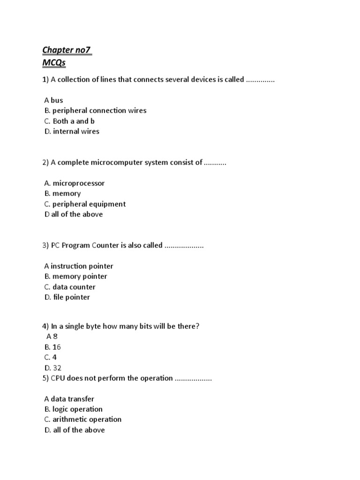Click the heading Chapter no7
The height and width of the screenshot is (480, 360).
[67, 50]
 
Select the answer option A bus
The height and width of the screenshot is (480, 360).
[53, 100]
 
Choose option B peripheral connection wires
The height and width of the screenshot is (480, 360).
[95, 111]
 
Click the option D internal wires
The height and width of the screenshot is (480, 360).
[72, 131]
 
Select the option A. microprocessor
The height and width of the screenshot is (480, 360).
[75, 183]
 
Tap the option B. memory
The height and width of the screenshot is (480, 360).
[62, 194]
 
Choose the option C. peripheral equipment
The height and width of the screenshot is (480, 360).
[85, 204]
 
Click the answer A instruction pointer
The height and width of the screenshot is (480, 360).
[79, 266]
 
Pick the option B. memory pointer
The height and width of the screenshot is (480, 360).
[75, 277]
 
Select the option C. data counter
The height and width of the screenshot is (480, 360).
[70, 287]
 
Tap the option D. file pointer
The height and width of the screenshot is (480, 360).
[67, 297]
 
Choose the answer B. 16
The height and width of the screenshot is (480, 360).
[52, 347]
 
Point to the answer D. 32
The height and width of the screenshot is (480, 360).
[52, 368]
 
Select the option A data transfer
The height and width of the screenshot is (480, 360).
[69, 399]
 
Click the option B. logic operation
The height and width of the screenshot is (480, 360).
[73, 409]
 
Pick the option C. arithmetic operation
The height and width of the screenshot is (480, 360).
[82, 420]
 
